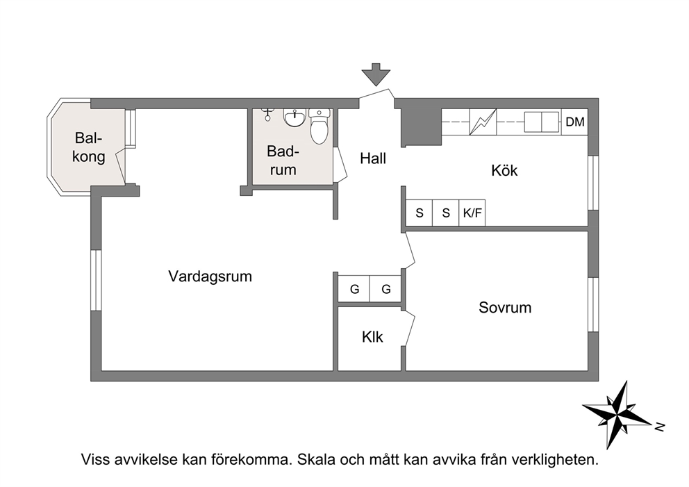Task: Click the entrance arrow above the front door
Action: pos(376,74)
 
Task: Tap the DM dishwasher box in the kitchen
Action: pos(575,122)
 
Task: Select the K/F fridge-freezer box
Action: pos(472,213)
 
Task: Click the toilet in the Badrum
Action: pos(319,126)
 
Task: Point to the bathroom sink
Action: pos(294,117)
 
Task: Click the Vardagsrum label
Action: pos(210,276)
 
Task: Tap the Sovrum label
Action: pos(505,307)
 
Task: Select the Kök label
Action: pos(504,170)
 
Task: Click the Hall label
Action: pos(373,158)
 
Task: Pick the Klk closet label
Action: pos(372,337)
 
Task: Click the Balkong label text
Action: pos(89,147)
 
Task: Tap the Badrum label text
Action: pos(283,160)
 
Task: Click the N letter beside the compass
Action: pos(659,426)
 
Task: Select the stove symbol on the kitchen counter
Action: pos(483,122)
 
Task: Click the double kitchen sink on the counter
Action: pos(542,122)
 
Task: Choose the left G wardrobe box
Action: pos(354,289)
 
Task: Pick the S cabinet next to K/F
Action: pos(446,213)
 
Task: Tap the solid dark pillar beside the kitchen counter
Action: pos(422,127)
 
